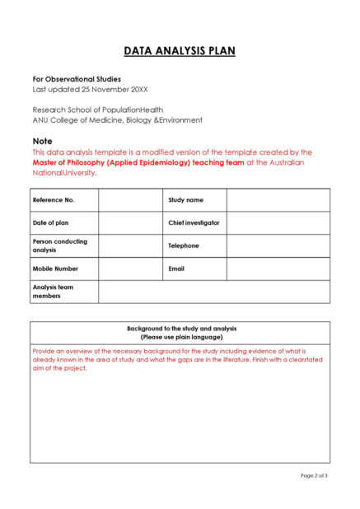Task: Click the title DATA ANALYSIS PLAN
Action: pos(180,51)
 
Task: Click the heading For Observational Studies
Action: pos(77,79)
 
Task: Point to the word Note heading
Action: pos(42,141)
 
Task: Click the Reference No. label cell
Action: pos(54,200)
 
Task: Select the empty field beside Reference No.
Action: pos(130,200)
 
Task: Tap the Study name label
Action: pos(185,200)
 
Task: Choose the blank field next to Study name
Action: pos(278,200)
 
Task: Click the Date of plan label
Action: pos(51,222)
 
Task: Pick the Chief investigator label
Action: pos(194,222)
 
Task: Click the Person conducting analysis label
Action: pos(59,245)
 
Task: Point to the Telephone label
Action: pos(184,245)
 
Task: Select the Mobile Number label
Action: pos(55,269)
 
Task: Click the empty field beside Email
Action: pos(278,269)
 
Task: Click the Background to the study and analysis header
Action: pos(180,328)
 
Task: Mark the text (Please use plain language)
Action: pos(180,337)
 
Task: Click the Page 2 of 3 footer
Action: pos(314,475)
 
